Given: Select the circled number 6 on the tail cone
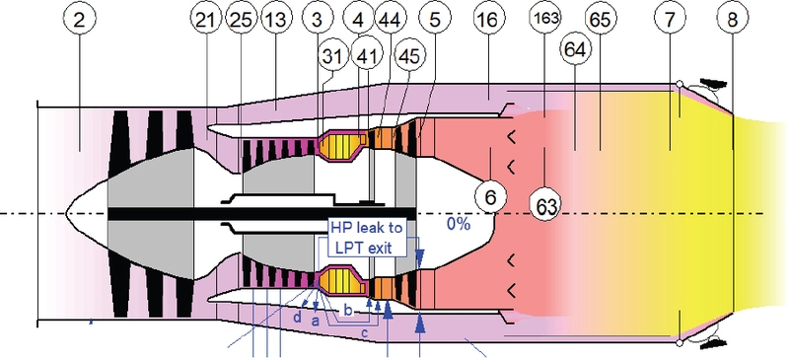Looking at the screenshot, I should pyautogui.click(x=490, y=197).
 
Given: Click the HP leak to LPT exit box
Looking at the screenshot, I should pyautogui.click(x=365, y=239).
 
